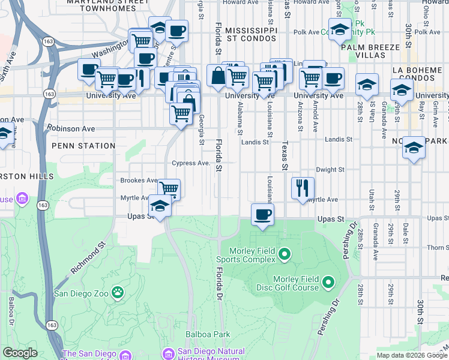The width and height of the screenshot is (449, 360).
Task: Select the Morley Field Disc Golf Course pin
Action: pos(328,281)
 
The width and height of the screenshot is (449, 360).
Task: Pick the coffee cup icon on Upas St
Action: pos(262,215)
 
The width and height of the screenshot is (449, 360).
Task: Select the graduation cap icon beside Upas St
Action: pos(160,206)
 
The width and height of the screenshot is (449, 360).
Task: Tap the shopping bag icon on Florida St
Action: pos(217,76)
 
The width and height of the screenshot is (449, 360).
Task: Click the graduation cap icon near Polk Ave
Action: pos(340,29)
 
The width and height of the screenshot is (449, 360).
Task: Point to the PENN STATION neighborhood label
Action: pos(83,146)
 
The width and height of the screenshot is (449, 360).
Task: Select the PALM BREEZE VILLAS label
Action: pos(370,51)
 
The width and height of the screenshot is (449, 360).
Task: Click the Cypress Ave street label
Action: pos(190,163)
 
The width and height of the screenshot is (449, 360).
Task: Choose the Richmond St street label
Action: pos(88,259)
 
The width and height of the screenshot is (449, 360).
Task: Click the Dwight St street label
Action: pos(330,170)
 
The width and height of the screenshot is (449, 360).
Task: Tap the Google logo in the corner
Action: pos(20,353)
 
